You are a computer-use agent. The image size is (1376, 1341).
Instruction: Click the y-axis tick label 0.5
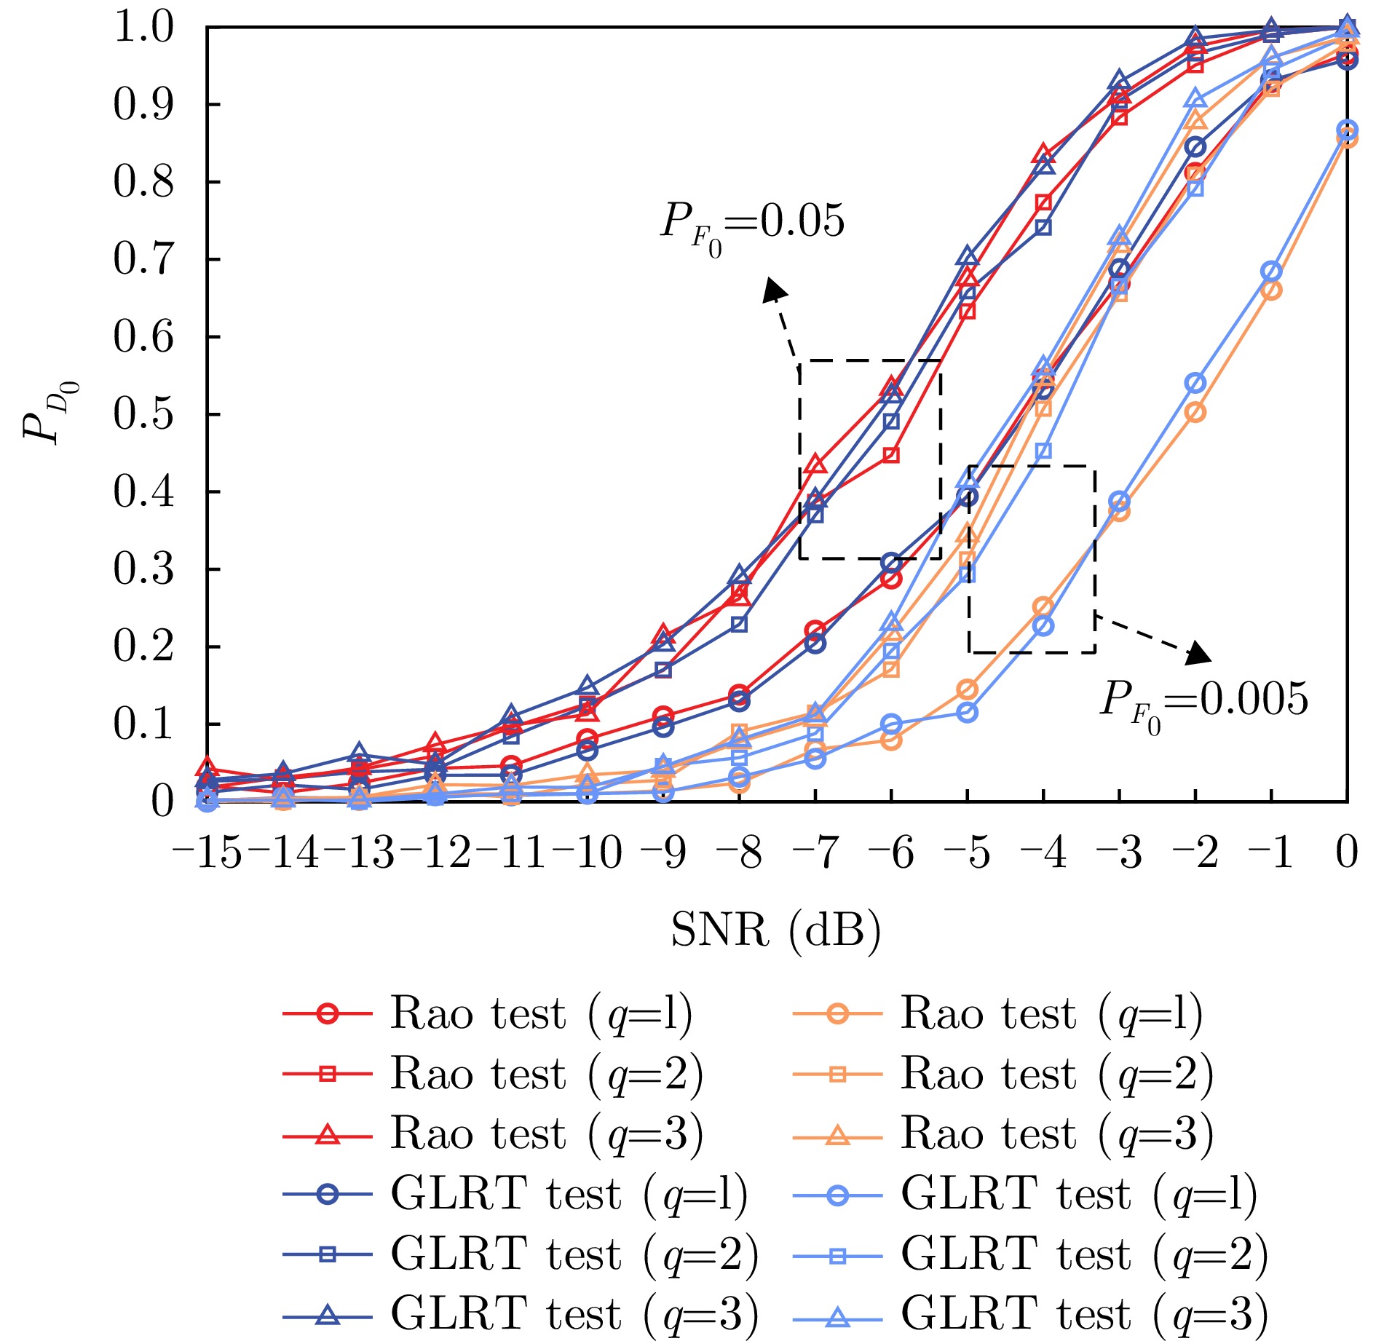pyautogui.click(x=143, y=414)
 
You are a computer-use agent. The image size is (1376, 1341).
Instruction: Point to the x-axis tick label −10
pyautogui.click(x=587, y=852)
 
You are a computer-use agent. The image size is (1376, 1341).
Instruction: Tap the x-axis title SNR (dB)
pyautogui.click(x=776, y=930)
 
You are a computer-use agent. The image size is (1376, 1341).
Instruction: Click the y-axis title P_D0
pyautogui.click(x=48, y=413)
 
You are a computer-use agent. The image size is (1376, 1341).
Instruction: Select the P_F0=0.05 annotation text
pyautogui.click(x=752, y=222)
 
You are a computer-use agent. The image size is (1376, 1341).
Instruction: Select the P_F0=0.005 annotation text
pyautogui.click(x=1203, y=700)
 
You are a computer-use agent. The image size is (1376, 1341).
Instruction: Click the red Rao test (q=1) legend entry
pyautogui.click(x=488, y=1013)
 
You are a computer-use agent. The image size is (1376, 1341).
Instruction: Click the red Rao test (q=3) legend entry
pyautogui.click(x=493, y=1134)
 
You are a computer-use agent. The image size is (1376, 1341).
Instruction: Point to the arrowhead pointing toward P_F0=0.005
pyautogui.click(x=1198, y=653)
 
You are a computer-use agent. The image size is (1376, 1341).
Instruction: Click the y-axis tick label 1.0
pyautogui.click(x=143, y=27)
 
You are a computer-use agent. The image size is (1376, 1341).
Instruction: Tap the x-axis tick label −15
pyautogui.click(x=207, y=852)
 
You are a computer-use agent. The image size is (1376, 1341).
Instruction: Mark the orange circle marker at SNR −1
pyautogui.click(x=1271, y=290)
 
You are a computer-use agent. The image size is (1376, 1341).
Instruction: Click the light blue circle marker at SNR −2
pyautogui.click(x=1195, y=383)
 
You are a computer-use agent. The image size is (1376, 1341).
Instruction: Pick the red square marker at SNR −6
pyautogui.click(x=891, y=456)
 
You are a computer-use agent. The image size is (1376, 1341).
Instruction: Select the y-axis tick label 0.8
pyautogui.click(x=143, y=182)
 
